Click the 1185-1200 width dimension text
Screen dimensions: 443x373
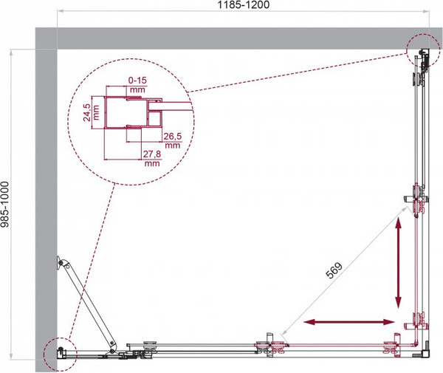click(x=243, y=4)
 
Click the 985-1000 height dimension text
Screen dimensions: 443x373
click(x=5, y=204)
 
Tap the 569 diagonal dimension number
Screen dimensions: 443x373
click(x=334, y=270)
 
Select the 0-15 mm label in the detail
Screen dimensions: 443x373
click(x=137, y=85)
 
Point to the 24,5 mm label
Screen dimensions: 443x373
click(x=91, y=112)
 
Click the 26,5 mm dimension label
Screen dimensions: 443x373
click(x=172, y=140)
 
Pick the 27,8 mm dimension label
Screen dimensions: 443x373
click(x=151, y=158)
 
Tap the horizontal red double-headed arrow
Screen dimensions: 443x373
click(x=349, y=322)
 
